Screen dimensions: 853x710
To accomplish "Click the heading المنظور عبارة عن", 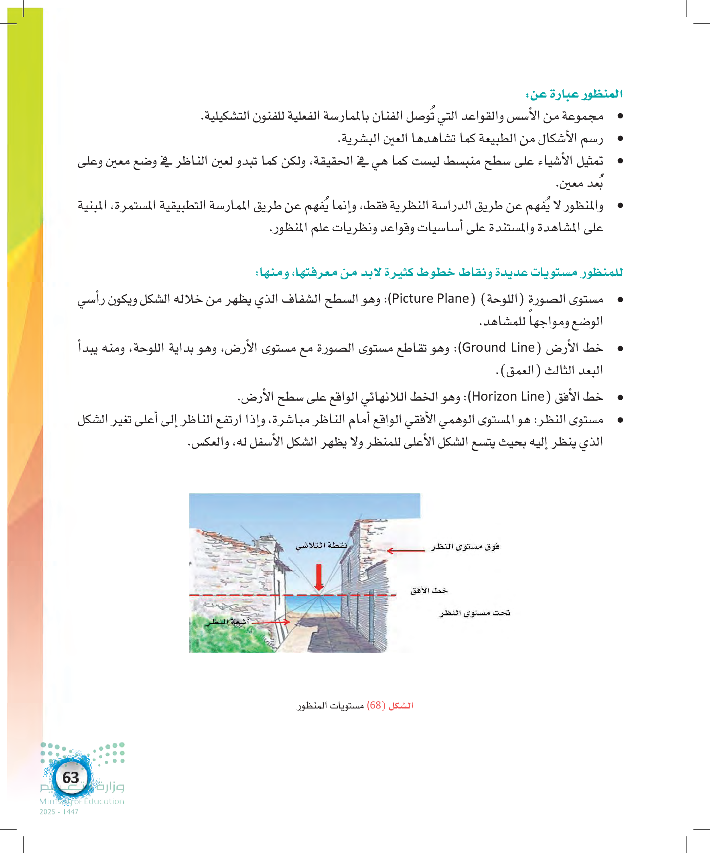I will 574,94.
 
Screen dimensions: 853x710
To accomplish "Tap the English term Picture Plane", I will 431,299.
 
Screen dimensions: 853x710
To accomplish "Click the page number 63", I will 70,778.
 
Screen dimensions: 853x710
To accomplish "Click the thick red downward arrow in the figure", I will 319,577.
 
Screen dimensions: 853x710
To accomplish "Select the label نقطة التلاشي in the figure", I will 321,546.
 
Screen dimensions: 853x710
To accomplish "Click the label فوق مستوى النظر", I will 465,546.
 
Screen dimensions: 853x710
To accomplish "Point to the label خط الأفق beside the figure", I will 429,590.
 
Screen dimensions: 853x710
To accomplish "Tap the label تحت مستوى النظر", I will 475,613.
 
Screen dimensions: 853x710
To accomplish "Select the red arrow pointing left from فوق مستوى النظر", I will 406,551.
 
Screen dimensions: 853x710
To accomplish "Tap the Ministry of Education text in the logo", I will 81,801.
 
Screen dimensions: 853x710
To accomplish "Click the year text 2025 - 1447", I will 59,812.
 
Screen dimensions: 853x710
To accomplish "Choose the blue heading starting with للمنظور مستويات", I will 439,272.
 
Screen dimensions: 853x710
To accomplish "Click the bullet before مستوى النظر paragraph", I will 620,420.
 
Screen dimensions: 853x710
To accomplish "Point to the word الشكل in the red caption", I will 401,706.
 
